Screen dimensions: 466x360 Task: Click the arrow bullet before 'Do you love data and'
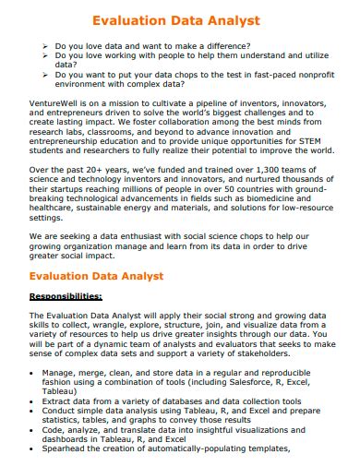coord(45,44)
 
